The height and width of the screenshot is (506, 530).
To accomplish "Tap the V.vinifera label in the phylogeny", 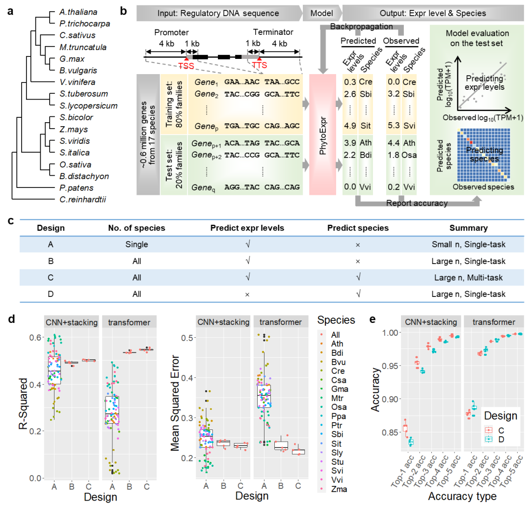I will tap(77, 82).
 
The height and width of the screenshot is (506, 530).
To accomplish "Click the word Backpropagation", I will tap(362, 27).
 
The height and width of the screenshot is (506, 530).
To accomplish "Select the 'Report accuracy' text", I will tap(417, 203).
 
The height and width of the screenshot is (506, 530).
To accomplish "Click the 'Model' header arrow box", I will tap(321, 13).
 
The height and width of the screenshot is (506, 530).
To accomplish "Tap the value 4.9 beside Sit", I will tap(350, 126).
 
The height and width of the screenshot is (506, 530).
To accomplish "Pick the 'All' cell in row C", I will tap(137, 277).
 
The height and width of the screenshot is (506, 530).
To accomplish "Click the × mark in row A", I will tap(357, 244).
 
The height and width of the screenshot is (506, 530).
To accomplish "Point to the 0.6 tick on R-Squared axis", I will tap(34, 338).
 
